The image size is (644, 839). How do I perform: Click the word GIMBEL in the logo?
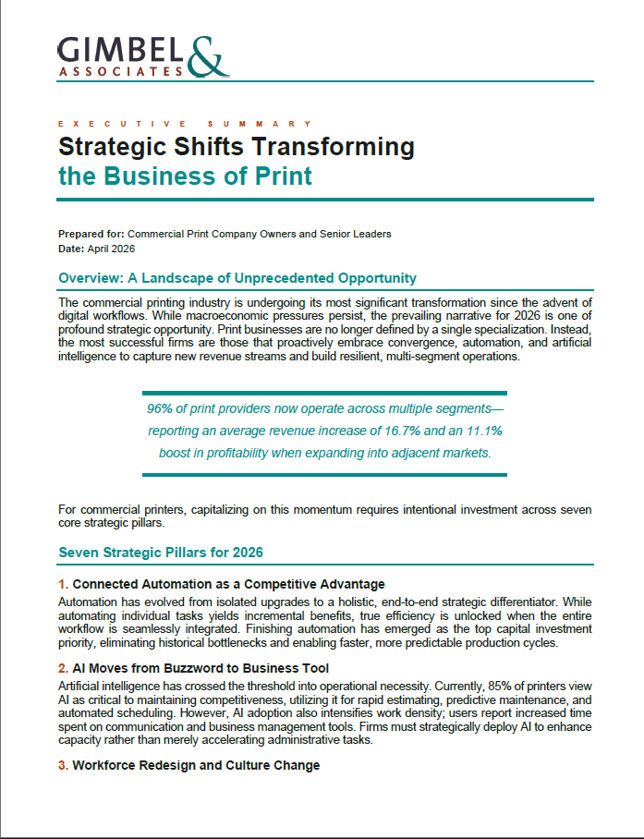[120, 47]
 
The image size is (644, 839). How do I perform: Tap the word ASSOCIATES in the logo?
[120, 70]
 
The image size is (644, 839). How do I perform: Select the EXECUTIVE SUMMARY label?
[185, 123]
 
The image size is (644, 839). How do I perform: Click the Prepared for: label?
[91, 234]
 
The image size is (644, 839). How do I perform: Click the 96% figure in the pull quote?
[161, 408]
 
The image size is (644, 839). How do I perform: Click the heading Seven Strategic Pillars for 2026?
[161, 553]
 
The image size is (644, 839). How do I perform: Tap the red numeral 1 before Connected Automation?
[62, 584]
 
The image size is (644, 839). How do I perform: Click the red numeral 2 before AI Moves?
[62, 668]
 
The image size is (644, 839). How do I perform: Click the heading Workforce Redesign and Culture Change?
[196, 765]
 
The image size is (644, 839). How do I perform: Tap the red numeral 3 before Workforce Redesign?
[62, 765]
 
